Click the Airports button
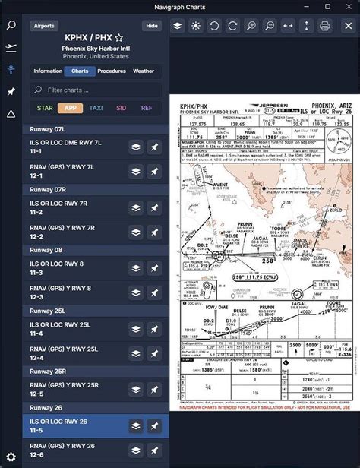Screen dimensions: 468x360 click(45, 25)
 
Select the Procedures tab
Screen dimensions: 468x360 click(112, 71)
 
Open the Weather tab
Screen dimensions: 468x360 click(144, 71)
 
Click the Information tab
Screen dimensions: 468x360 click(48, 71)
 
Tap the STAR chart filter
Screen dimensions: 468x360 click(45, 108)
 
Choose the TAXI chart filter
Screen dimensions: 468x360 click(96, 108)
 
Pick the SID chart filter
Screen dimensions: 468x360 click(121, 108)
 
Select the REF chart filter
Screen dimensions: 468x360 click(146, 108)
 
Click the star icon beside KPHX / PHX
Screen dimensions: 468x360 click(118, 37)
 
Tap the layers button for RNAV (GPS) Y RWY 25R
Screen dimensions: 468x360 click(135, 390)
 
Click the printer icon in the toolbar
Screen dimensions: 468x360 click(325, 25)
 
